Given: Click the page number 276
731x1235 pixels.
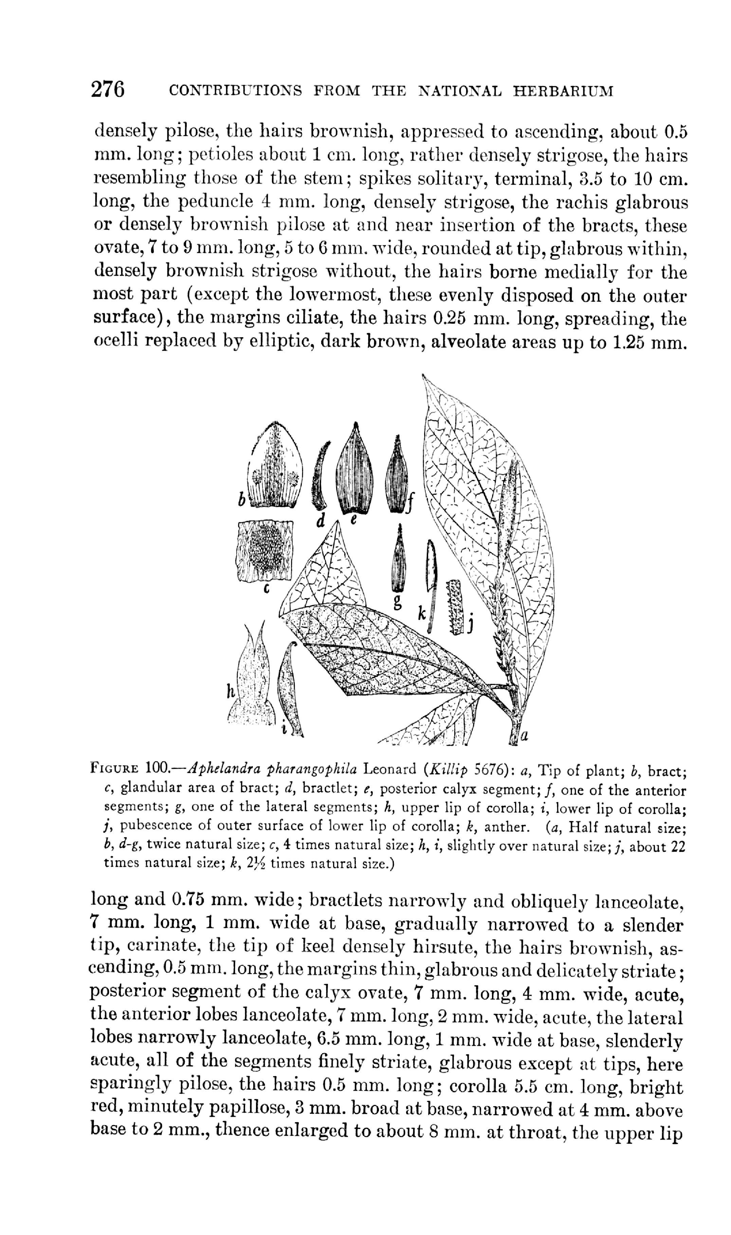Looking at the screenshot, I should pos(108,90).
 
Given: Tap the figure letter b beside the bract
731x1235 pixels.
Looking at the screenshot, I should pos(241,500).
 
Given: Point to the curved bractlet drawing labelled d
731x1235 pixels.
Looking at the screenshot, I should pos(320,476).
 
